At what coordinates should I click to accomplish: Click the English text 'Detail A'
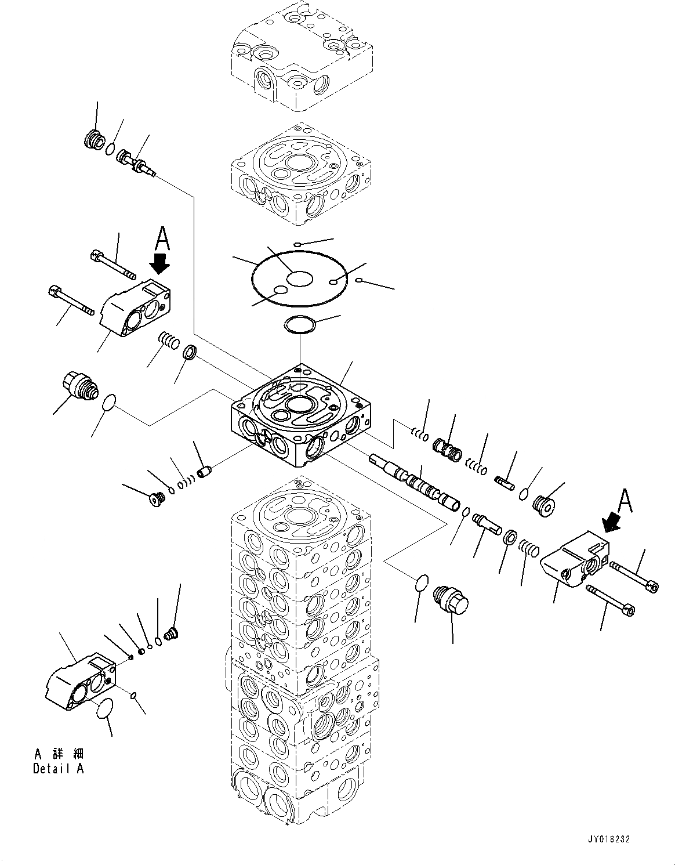point(58,769)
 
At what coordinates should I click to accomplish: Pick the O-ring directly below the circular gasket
point(300,325)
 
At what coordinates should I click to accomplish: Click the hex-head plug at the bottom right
point(451,599)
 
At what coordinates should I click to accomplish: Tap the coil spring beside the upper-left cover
point(169,341)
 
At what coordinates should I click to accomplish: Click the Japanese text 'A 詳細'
point(58,754)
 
